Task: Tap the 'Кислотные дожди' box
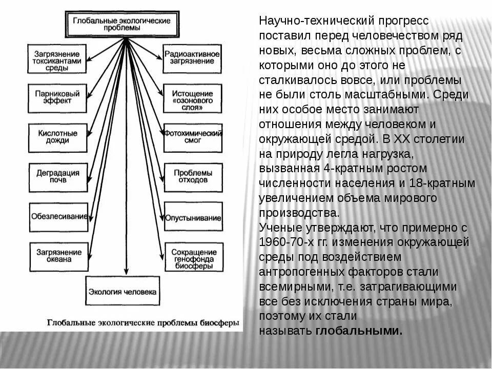pos(57,136)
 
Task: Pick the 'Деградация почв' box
pos(57,176)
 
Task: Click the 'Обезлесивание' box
pos(58,216)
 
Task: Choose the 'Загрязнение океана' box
pos(57,256)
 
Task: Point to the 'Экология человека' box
pos(122,292)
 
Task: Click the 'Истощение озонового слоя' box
pos(193,98)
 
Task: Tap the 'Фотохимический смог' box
pos(193,136)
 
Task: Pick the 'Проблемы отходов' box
pos(193,176)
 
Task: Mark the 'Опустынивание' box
pos(193,217)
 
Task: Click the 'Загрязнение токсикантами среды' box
pos(57,57)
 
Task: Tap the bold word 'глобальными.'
pos(359,331)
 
